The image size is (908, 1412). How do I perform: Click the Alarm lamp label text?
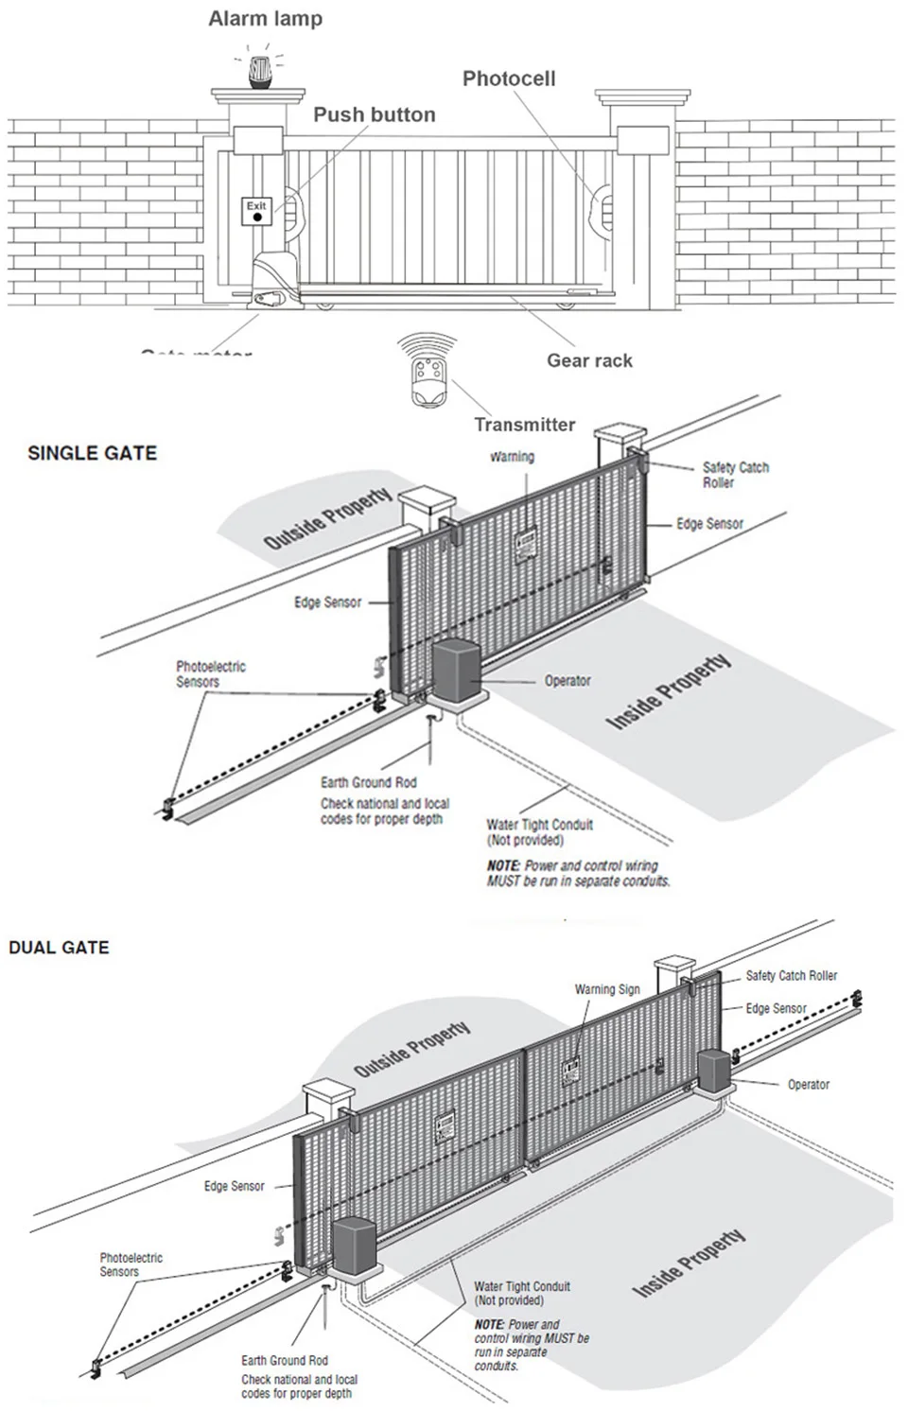tap(265, 19)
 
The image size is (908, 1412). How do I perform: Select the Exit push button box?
tap(256, 212)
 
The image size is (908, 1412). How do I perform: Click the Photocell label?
tap(509, 79)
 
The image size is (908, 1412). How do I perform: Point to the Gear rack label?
tap(589, 360)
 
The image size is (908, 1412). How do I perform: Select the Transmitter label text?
tap(524, 425)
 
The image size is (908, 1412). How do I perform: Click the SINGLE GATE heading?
tap(92, 453)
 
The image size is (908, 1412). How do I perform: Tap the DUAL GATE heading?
tap(59, 948)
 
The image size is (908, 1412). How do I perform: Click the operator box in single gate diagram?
tap(458, 671)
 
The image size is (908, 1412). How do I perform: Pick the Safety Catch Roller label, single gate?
tap(735, 475)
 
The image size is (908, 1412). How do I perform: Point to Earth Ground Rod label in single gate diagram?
tap(368, 782)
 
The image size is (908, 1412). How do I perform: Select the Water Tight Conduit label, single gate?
tap(539, 832)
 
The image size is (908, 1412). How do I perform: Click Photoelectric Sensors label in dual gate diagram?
tap(131, 1264)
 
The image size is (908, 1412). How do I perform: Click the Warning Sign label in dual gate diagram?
tap(607, 989)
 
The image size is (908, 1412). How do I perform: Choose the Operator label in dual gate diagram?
tap(808, 1085)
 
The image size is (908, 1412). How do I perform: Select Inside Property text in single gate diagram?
tap(668, 691)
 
